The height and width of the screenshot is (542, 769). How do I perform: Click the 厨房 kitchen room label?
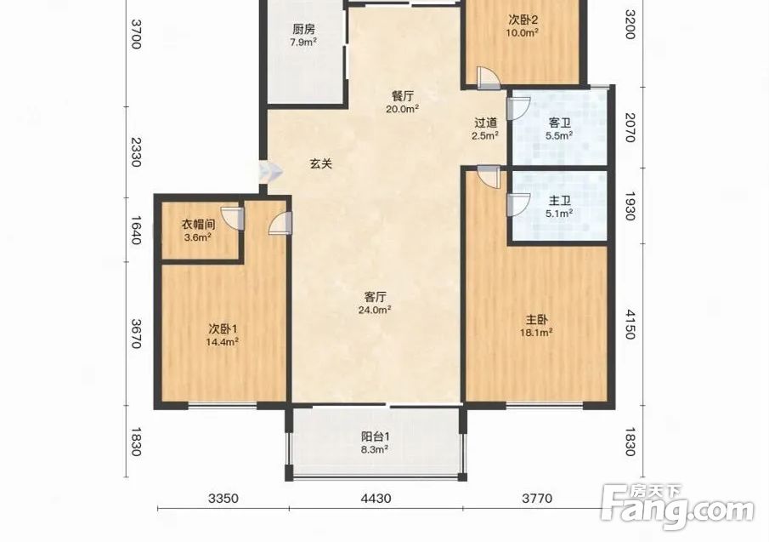click(303, 30)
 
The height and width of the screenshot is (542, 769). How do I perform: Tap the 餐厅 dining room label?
click(402, 96)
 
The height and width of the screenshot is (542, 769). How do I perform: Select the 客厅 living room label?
click(376, 297)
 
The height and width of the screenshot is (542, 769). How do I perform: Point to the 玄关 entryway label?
click(321, 163)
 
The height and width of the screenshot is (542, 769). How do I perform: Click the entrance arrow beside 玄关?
click(271, 172)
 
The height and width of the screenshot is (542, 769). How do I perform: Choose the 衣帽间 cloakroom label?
click(199, 225)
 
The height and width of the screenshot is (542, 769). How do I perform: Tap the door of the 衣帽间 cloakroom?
click(233, 218)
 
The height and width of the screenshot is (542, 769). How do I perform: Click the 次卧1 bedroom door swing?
click(280, 222)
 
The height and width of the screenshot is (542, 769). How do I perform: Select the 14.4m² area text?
click(222, 342)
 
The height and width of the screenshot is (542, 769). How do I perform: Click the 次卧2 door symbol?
click(489, 77)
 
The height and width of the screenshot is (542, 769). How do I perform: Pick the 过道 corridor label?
click(485, 123)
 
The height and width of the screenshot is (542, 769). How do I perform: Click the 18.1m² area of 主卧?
click(536, 333)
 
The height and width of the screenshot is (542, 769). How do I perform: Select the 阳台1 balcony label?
click(376, 436)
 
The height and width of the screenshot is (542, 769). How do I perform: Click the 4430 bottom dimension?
click(376, 499)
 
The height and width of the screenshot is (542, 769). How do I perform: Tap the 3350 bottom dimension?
click(223, 499)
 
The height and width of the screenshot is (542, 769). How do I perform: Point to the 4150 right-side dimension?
click(630, 324)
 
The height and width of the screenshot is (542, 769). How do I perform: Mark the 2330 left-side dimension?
click(136, 152)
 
